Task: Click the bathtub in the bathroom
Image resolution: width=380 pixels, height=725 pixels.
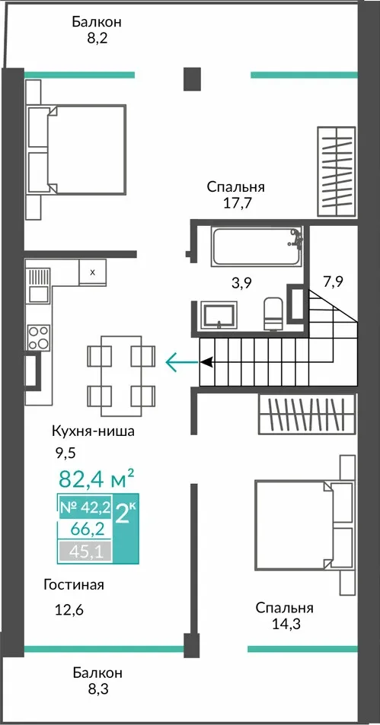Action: click(x=257, y=246)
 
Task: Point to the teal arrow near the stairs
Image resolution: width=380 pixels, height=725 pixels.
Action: click(x=182, y=361)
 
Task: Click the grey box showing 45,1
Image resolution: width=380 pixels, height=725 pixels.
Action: click(x=85, y=551)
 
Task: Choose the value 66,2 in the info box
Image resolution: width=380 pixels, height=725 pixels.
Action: click(x=87, y=529)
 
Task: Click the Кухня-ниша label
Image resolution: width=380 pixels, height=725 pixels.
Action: click(x=93, y=432)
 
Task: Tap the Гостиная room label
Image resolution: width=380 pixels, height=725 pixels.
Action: click(x=74, y=585)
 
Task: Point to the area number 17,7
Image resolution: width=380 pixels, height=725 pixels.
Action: click(x=237, y=203)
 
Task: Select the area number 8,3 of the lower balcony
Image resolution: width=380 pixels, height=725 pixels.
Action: click(x=97, y=689)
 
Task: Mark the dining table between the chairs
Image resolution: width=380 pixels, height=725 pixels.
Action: click(x=121, y=376)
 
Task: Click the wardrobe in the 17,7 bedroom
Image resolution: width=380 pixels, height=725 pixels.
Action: click(x=337, y=171)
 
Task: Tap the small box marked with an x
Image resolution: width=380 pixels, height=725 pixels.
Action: click(x=92, y=272)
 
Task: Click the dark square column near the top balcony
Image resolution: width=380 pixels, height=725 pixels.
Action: click(x=192, y=78)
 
